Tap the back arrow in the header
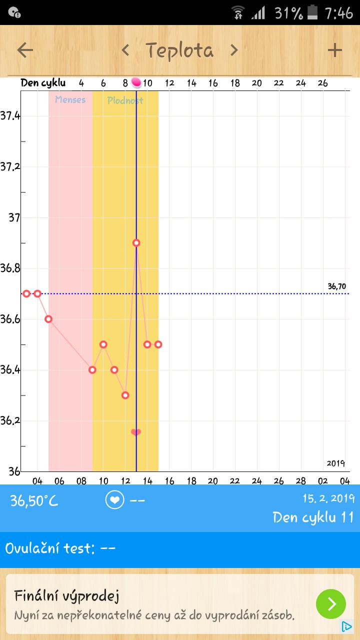point(25,50)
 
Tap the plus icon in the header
point(334,50)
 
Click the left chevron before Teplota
point(125,50)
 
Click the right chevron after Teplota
point(234,50)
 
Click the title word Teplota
point(179,50)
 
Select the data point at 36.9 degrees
point(136,243)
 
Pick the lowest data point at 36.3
point(125,395)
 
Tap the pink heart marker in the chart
point(136,432)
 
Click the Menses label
point(70,99)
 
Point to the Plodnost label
point(125,100)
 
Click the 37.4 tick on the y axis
point(10,116)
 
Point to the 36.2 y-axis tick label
point(10,420)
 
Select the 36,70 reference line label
point(336,286)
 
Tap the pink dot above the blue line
point(136,82)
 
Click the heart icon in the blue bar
point(114,500)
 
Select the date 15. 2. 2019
point(328,498)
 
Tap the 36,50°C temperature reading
point(34,500)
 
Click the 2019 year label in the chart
point(336,463)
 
